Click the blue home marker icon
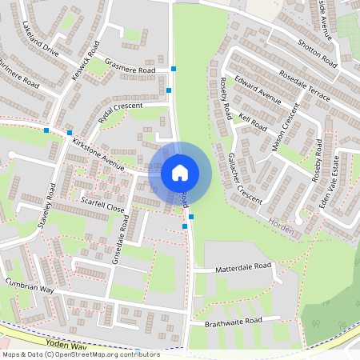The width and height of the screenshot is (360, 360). (180, 172)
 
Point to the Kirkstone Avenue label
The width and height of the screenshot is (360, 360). (98, 154)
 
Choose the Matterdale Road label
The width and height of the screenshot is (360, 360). (238, 270)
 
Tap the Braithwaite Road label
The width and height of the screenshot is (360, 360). (232, 320)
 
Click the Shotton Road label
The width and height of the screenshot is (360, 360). (317, 54)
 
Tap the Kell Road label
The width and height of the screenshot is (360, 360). (252, 124)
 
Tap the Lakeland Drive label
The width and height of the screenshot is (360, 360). (41, 37)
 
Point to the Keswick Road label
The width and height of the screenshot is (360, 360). (84, 53)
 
